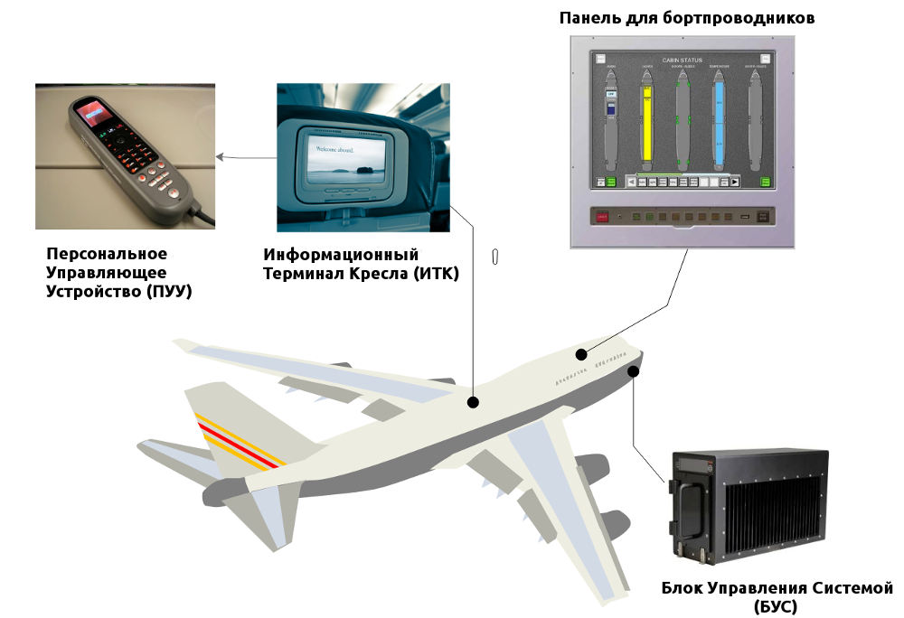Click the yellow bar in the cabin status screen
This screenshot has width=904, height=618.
[x=646, y=126]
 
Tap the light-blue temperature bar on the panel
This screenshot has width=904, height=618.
[x=720, y=126]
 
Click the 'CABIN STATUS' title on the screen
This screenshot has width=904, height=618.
[x=682, y=61]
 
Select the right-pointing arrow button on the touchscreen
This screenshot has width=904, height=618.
[x=735, y=182]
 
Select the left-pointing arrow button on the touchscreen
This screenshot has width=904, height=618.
[x=631, y=182]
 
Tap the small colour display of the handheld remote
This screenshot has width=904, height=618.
[x=91, y=114]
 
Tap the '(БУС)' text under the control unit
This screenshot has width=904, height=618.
[x=775, y=607]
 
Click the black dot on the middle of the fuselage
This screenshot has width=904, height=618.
[x=472, y=402]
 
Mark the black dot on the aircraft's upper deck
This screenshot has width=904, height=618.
[x=583, y=354]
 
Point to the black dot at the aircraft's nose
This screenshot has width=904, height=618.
[x=634, y=370]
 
